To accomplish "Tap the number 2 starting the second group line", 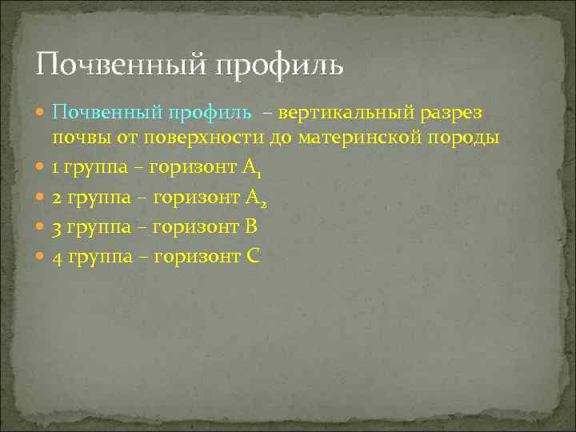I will [57, 198].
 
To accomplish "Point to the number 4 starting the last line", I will [57, 257].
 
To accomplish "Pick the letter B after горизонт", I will [250, 227].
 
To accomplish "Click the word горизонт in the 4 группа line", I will [194, 258].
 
